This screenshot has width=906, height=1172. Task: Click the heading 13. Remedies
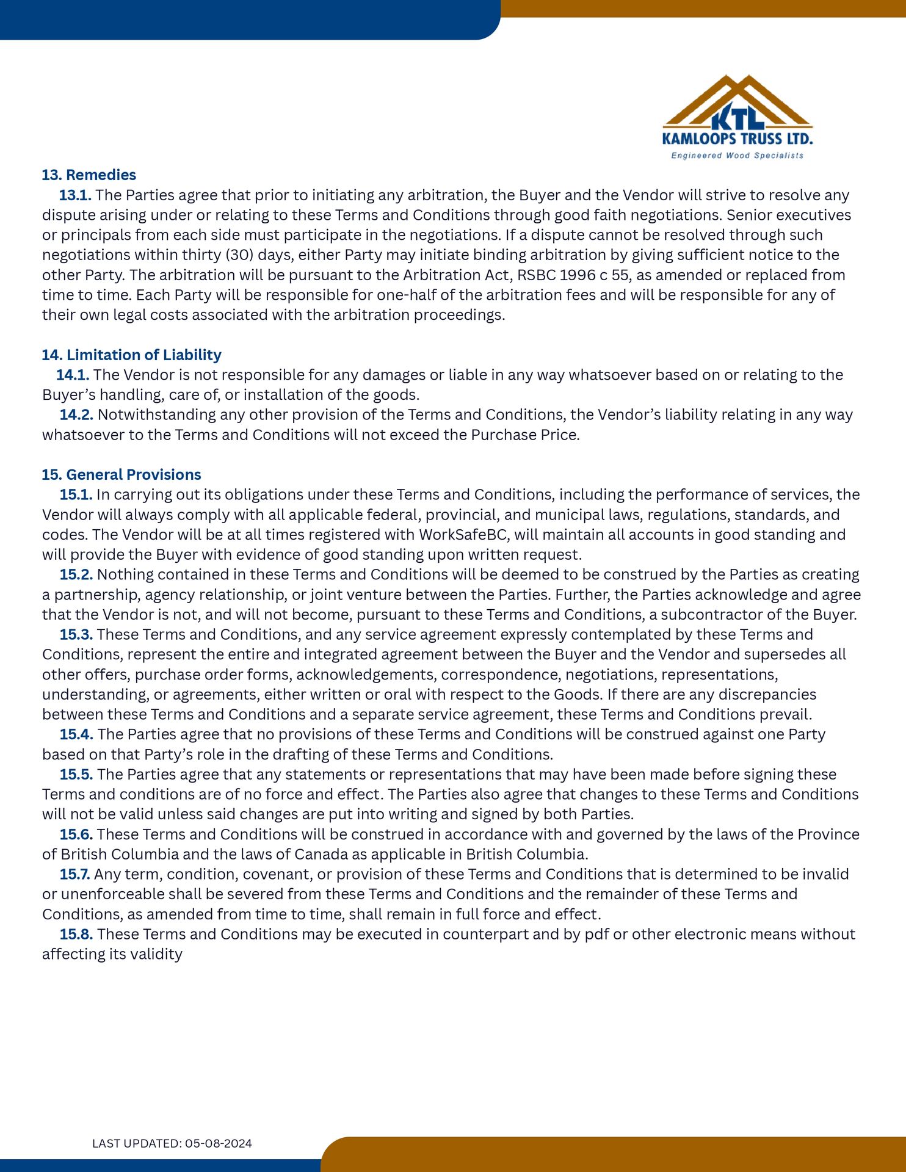(89, 175)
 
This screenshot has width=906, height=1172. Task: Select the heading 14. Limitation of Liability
(131, 355)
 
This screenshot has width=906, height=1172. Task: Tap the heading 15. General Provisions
(121, 474)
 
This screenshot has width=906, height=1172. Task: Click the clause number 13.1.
(75, 195)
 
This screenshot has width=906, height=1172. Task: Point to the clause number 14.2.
(76, 414)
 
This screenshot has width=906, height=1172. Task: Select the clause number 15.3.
(76, 634)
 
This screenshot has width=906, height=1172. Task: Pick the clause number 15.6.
(76, 834)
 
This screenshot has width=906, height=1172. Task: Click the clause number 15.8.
(76, 934)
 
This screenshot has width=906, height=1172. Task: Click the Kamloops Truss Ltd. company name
(737, 139)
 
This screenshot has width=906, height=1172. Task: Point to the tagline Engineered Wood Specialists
(737, 156)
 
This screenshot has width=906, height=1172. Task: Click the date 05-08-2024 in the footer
(219, 1143)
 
